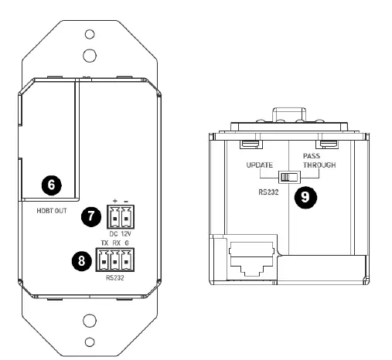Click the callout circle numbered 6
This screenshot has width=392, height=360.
point(51,185)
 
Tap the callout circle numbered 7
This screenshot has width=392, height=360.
point(91,218)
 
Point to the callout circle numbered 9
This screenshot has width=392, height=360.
point(307,197)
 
